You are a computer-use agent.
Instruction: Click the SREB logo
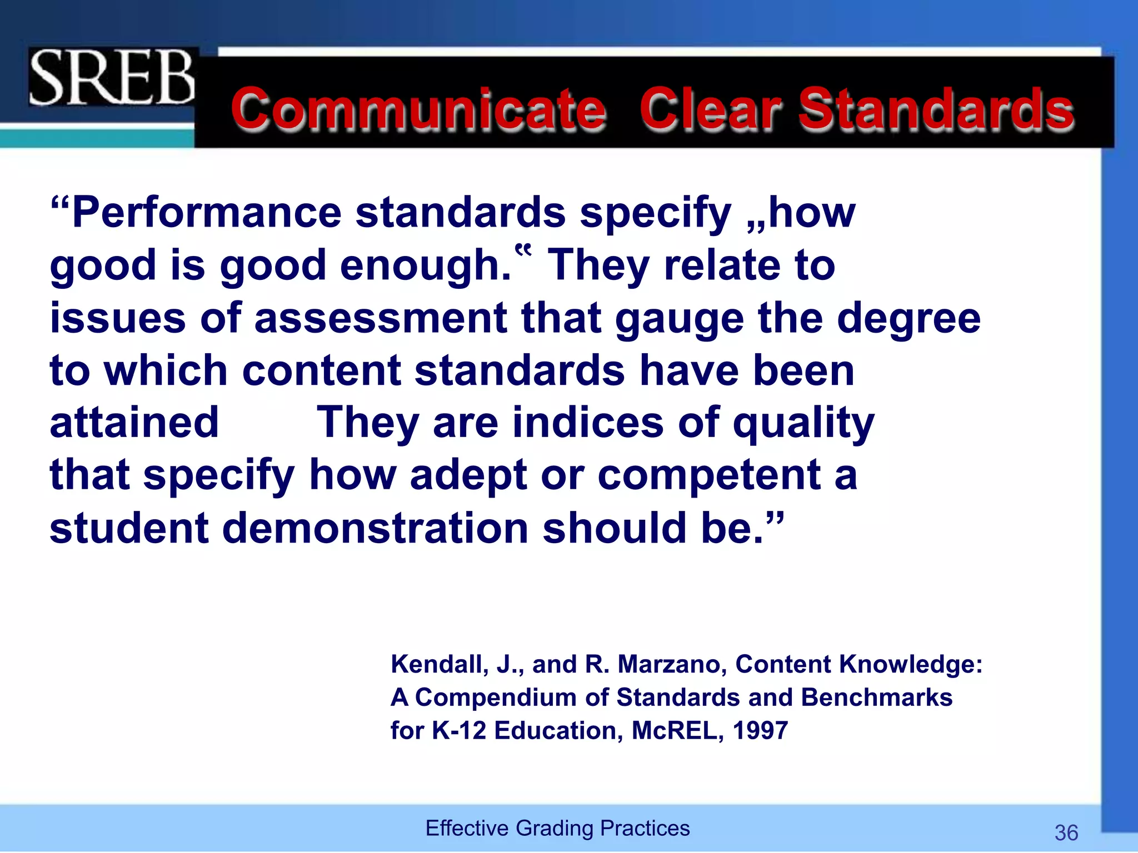112,77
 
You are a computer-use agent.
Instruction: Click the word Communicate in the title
418,109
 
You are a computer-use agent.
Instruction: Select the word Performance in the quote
207,213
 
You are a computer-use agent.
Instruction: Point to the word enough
425,265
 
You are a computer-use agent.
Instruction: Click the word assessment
381,318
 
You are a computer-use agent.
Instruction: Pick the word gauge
679,319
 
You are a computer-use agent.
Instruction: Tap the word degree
909,318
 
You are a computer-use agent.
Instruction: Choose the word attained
134,423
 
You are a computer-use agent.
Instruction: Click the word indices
587,423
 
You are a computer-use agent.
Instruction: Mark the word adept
468,476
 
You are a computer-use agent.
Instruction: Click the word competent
708,476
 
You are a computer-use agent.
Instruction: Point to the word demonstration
375,528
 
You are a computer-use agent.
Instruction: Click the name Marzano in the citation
671,664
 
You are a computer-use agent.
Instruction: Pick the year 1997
760,731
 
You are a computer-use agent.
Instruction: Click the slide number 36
1066,833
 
